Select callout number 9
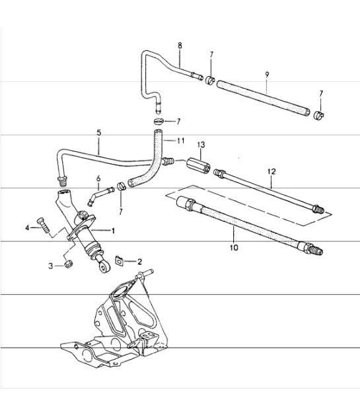coord(266,74)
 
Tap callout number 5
coord(98,132)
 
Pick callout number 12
coord(271,172)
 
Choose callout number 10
coord(233,248)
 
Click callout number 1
coord(113,231)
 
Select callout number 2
coord(139,262)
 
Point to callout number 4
coord(28,228)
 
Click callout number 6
coord(98,178)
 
